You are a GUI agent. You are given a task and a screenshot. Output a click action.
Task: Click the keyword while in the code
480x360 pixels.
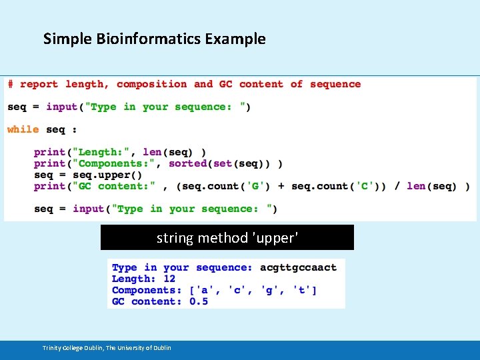(x=23, y=129)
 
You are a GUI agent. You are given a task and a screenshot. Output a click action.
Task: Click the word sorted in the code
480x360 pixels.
(x=187, y=163)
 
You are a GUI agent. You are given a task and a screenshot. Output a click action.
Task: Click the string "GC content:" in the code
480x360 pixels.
(x=117, y=186)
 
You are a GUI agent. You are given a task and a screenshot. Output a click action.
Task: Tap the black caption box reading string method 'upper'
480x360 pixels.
(x=227, y=237)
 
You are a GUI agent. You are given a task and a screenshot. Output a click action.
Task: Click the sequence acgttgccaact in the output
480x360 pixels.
(x=298, y=267)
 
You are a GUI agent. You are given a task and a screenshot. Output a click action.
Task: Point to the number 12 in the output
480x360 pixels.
(x=169, y=279)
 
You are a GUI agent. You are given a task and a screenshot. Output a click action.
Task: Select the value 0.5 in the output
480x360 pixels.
(x=199, y=301)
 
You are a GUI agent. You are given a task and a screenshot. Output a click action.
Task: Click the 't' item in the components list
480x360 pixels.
(x=303, y=290)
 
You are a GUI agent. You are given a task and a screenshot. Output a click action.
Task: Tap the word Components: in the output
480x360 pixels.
(x=147, y=290)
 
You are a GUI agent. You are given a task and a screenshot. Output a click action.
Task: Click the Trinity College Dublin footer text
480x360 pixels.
(x=107, y=348)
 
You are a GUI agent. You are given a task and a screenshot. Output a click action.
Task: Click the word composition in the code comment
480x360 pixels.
(x=151, y=84)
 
